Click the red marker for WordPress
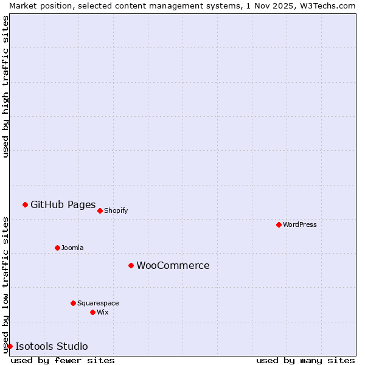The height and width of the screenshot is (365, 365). [x=279, y=224]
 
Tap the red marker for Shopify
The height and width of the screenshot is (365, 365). [x=100, y=210]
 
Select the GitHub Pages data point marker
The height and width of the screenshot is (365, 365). [x=25, y=204]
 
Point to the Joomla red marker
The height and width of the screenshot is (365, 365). [x=57, y=248]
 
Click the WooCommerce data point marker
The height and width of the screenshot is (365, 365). [x=131, y=265]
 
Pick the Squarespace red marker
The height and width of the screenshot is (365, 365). [x=73, y=303]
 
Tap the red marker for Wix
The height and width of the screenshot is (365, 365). [x=92, y=312]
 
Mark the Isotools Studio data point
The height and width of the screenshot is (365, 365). [x=10, y=346]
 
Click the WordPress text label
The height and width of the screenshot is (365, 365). [x=300, y=224]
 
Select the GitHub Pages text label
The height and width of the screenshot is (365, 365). [x=63, y=204]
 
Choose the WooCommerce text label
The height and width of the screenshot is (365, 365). [x=173, y=265]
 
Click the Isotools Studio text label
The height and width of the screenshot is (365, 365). [x=52, y=346]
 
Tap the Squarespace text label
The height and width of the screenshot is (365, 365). [x=98, y=303]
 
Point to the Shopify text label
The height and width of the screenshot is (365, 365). [x=116, y=210]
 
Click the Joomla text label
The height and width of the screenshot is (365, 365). [x=72, y=248]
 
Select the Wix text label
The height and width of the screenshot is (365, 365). [x=102, y=312]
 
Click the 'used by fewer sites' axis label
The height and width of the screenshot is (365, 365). [x=63, y=360]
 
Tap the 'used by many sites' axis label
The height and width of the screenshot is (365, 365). [x=305, y=360]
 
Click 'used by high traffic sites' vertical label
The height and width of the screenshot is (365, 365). [x=5, y=86]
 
